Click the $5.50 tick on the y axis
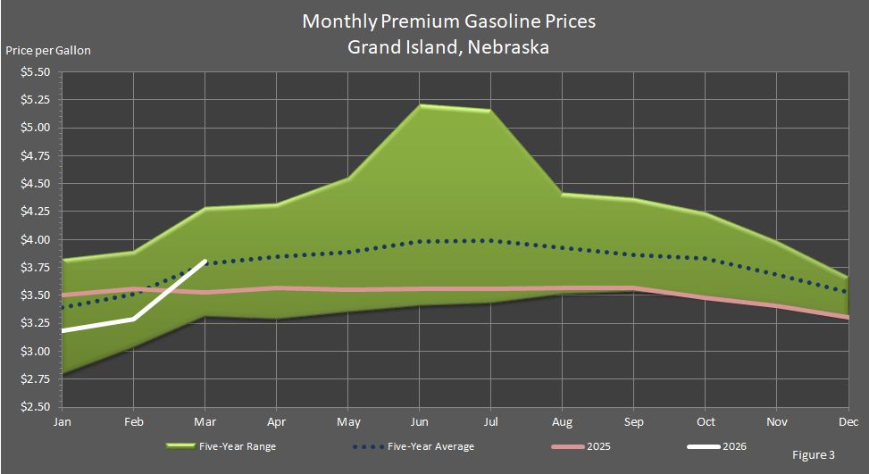click(x=37, y=72)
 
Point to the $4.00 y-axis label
click(x=37, y=239)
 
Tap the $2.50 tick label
click(x=37, y=406)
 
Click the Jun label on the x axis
click(x=419, y=420)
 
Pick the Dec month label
click(x=848, y=420)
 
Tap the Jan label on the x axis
click(x=63, y=420)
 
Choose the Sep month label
click(x=633, y=420)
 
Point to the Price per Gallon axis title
click(x=48, y=50)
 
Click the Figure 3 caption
click(x=814, y=455)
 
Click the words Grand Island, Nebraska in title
click(x=448, y=47)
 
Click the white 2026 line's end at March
click(x=205, y=262)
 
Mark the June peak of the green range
click(x=419, y=105)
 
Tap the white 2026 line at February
click(x=134, y=319)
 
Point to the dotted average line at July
click(x=490, y=240)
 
